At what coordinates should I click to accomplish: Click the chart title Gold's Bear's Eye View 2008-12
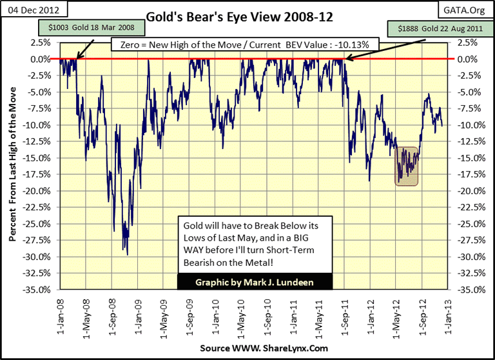coord(247,17)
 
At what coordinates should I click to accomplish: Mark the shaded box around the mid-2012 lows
coord(407,166)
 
